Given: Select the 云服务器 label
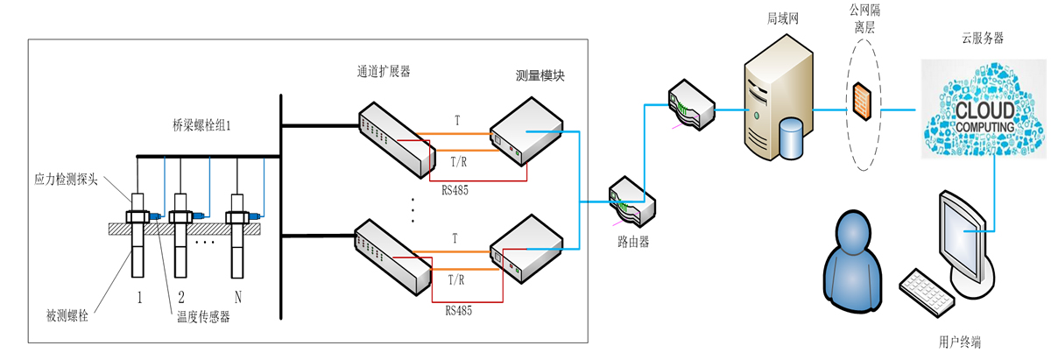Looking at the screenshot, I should coord(982,38).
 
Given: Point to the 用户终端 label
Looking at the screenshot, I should coord(961,343).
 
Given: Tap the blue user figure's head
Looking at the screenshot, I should coord(854,236).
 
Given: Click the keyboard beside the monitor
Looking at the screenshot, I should coord(929,293).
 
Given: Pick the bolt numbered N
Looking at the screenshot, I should coord(236,241).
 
